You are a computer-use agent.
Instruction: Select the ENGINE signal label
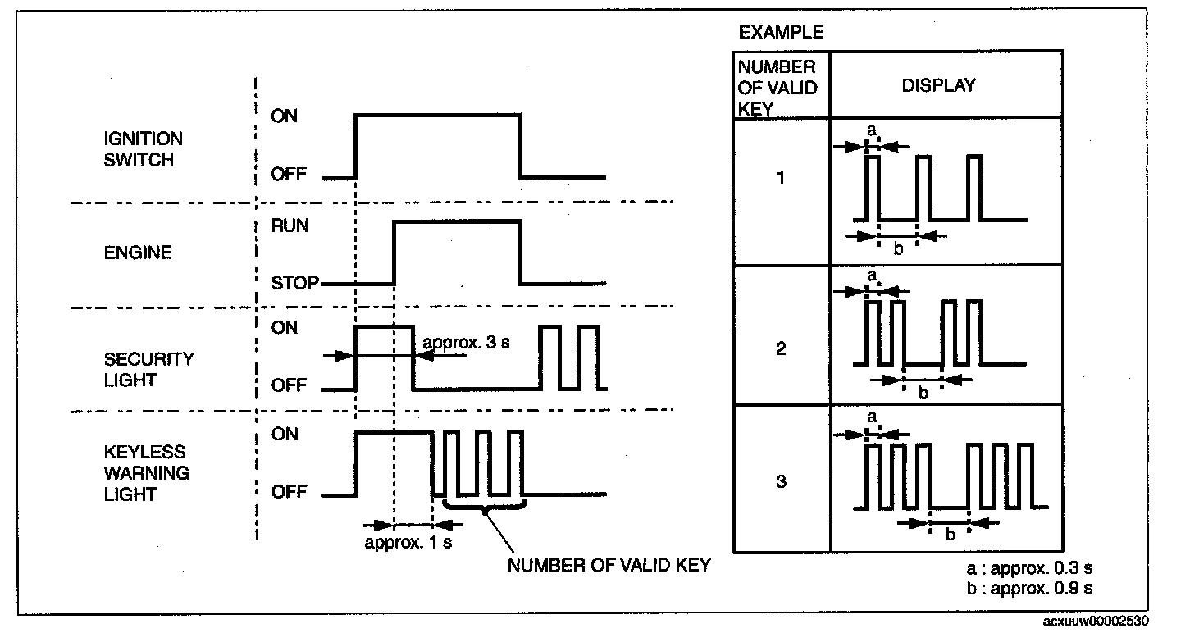[137, 253]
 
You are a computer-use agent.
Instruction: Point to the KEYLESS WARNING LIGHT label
[146, 473]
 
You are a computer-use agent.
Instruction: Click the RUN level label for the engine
[290, 225]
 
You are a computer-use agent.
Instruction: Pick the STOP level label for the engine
[293, 284]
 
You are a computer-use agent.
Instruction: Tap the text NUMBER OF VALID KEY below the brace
[609, 566]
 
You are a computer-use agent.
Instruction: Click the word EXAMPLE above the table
[781, 34]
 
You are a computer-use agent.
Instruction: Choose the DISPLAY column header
[939, 85]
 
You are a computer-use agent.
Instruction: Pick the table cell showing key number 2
[781, 349]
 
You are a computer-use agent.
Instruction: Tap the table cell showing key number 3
[781, 481]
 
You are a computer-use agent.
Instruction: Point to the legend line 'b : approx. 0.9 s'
[1029, 589]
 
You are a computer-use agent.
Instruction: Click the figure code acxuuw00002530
[1106, 622]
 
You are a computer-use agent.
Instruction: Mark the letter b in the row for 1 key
[898, 249]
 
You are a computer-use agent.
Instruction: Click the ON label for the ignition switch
[285, 116]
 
